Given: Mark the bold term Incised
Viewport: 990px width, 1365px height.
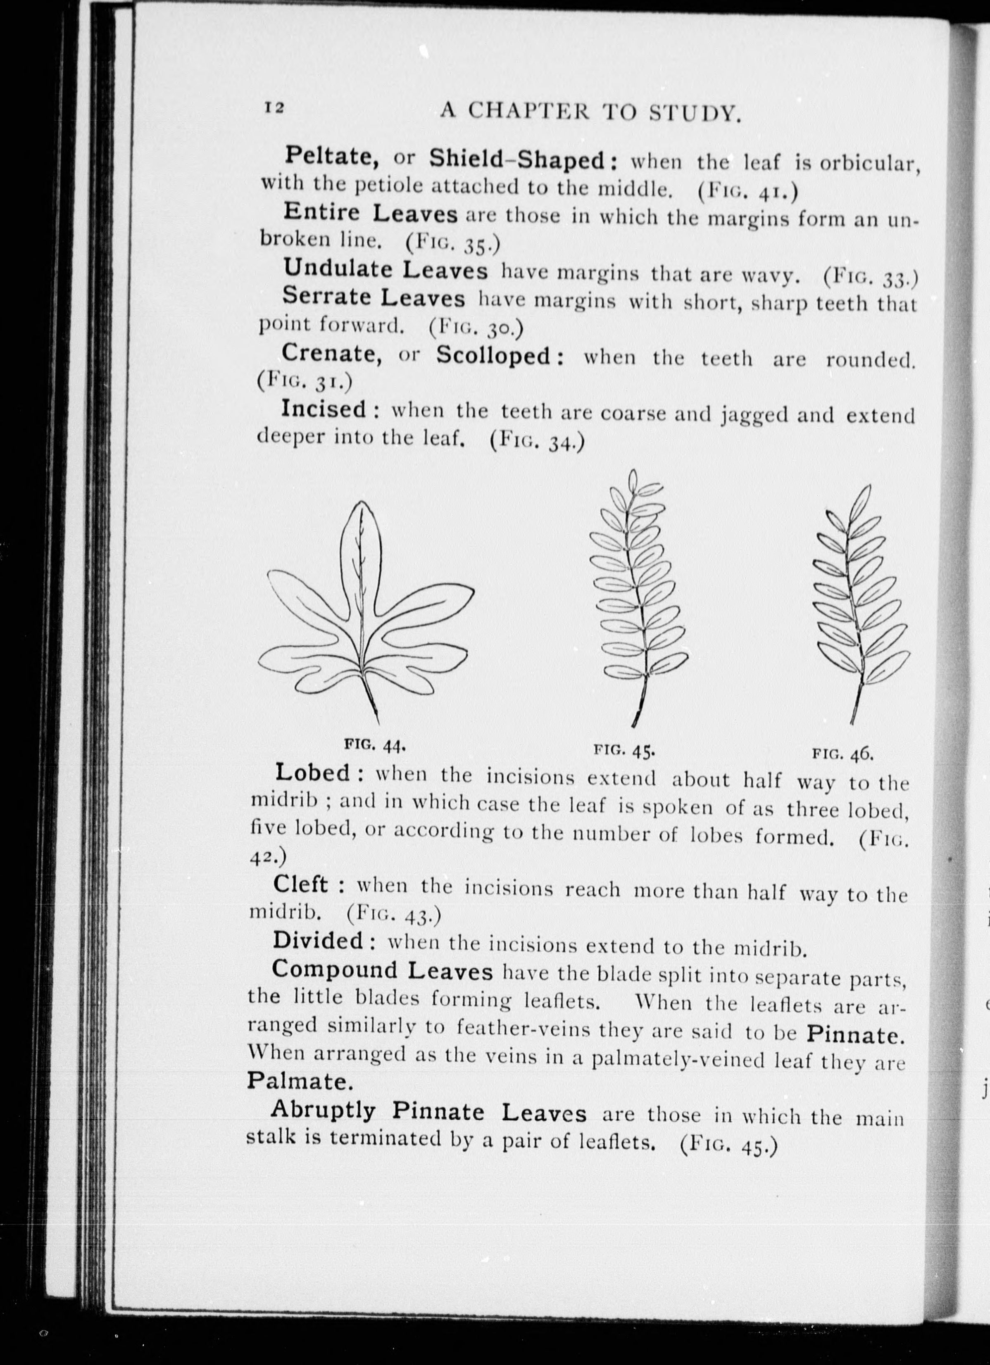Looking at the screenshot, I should (323, 409).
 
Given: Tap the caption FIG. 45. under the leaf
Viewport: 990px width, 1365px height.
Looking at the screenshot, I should (624, 750).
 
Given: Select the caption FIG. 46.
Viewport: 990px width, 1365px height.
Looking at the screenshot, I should (842, 752).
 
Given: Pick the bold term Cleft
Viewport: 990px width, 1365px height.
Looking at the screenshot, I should (300, 884).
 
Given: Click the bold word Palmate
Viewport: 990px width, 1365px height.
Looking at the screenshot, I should (298, 1082).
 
